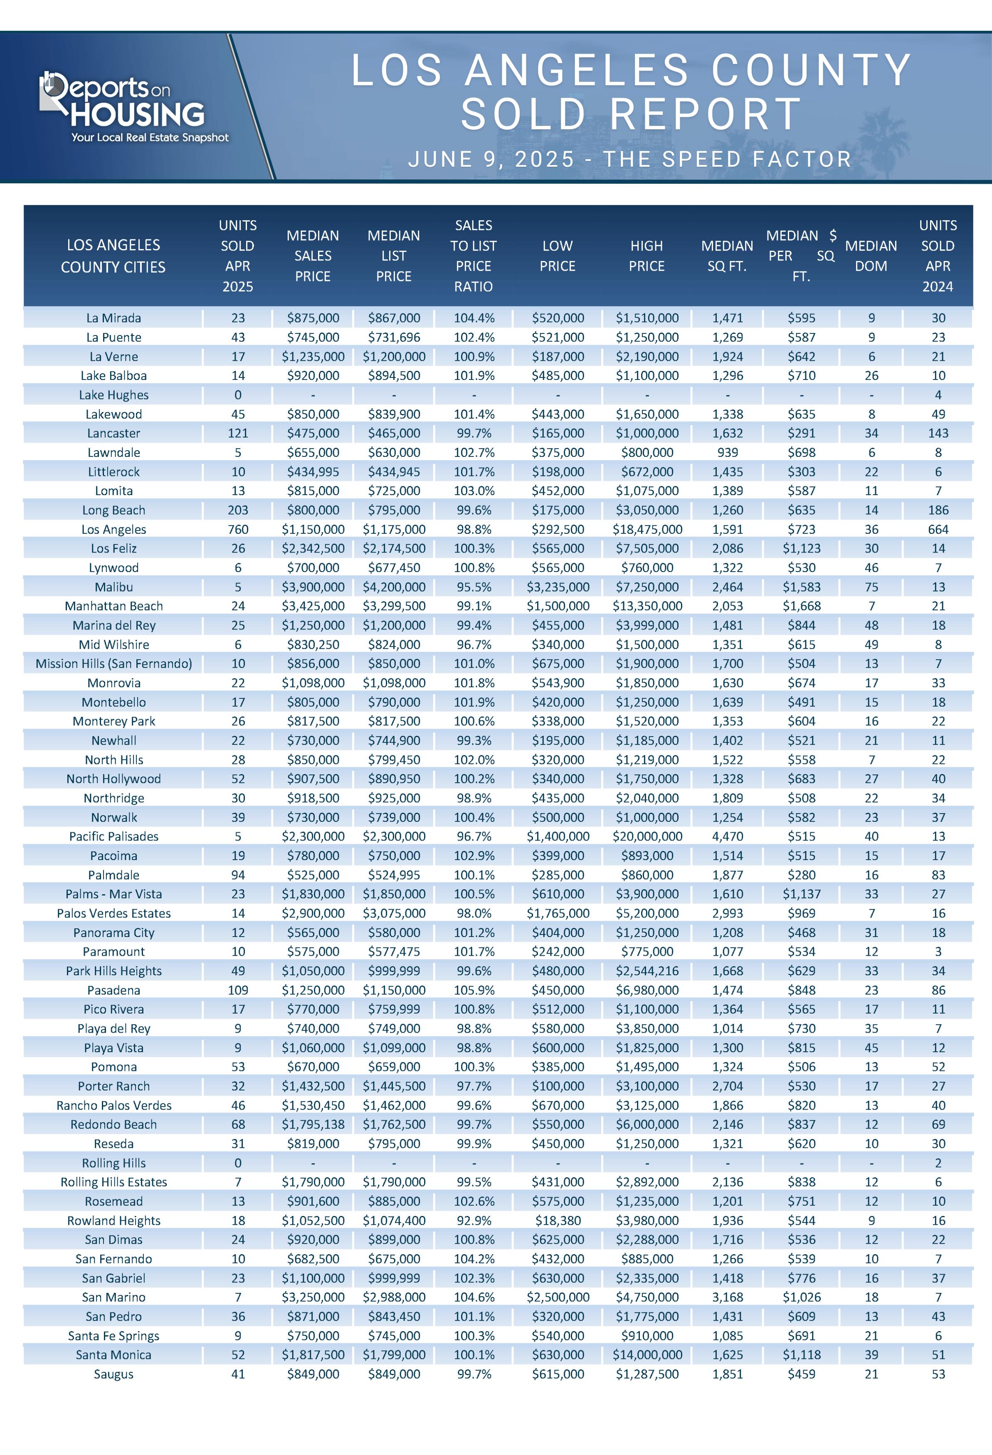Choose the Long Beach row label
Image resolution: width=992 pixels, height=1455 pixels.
pos(114,510)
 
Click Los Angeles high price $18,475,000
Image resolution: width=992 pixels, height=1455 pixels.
pos(647,529)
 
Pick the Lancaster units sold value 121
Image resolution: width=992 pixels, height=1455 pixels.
pos(238,433)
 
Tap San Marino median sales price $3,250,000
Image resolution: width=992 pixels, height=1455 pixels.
pos(313,1297)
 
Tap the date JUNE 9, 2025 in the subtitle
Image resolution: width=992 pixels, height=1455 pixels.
pos(491,159)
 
